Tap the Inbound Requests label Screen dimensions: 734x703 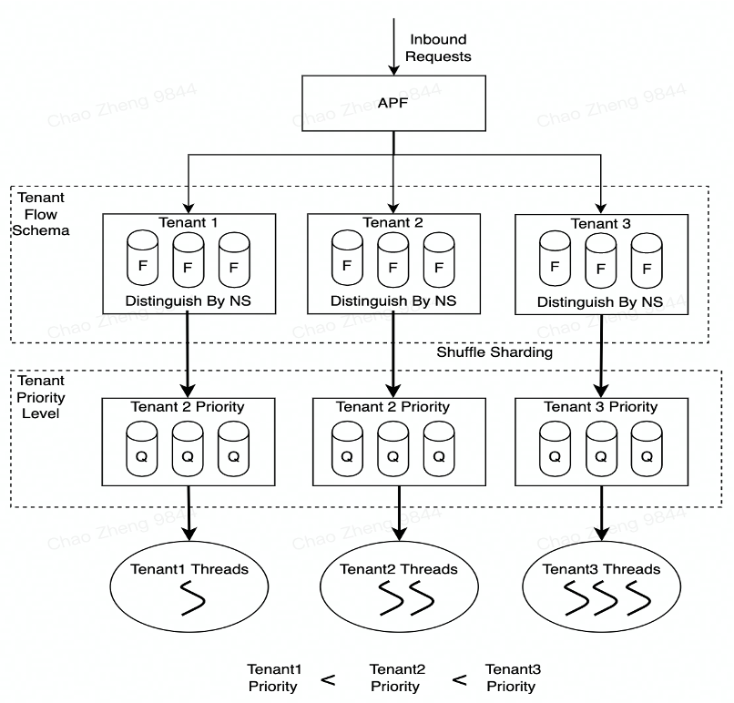point(438,47)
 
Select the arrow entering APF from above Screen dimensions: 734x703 point(393,46)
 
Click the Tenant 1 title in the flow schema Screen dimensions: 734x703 point(189,222)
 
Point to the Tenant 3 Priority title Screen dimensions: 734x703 point(601,407)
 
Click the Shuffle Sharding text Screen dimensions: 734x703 point(494,352)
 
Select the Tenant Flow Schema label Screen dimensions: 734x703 point(41,214)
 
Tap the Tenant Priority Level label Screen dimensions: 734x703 point(41,397)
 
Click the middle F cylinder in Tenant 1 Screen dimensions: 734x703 point(189,260)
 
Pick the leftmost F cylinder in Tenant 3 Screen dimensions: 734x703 point(555,259)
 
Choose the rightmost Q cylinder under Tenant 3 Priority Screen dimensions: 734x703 point(647,449)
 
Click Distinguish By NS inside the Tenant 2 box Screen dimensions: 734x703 point(393,301)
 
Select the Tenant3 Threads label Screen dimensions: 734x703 point(601,569)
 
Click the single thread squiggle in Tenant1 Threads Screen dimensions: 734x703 point(192,598)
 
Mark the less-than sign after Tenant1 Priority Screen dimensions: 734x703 point(328,679)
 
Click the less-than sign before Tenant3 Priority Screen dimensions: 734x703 point(460,679)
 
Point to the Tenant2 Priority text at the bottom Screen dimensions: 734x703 point(397,678)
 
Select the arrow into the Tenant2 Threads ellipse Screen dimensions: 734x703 point(399,514)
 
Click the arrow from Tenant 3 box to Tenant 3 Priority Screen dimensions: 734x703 point(601,356)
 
